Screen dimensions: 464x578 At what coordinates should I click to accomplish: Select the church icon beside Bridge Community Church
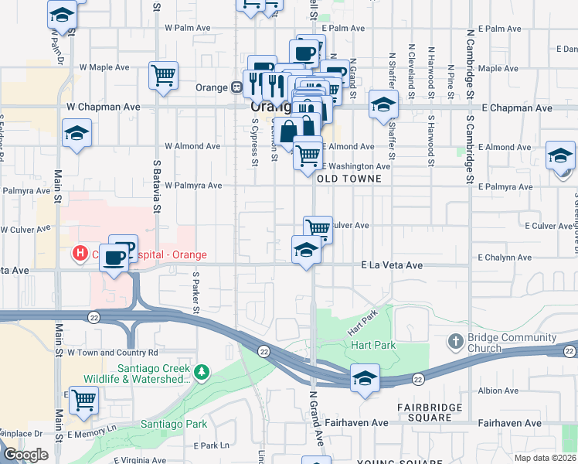point(456,341)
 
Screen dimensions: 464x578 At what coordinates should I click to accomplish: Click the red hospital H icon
point(79,253)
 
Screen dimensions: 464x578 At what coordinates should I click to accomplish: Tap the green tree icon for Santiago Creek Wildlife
point(202,374)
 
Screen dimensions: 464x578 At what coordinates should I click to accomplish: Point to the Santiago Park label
point(174,424)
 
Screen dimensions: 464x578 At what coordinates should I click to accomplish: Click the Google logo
point(25,455)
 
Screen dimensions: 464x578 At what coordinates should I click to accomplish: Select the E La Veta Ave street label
point(392,265)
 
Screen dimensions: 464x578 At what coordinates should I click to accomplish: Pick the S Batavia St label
point(156,186)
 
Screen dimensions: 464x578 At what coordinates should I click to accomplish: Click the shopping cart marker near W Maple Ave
point(164,76)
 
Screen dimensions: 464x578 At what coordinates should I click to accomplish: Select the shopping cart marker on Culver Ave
point(318,228)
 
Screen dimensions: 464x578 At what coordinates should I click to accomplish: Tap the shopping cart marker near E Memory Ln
point(83,400)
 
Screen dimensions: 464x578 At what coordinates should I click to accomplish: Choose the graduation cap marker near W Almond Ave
point(77,134)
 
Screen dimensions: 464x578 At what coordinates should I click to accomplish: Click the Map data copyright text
point(546,457)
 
